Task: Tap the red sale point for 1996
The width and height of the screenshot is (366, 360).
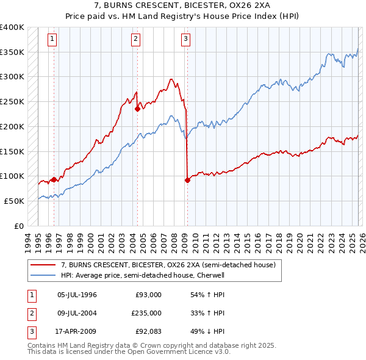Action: pyautogui.click(x=54, y=179)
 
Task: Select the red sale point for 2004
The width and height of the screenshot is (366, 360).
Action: pyautogui.click(x=137, y=109)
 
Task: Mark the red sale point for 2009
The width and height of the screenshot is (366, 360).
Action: pyautogui.click(x=187, y=180)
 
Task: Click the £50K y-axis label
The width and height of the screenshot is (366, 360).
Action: pyautogui.click(x=15, y=201)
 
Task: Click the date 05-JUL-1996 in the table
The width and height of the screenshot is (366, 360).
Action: pyautogui.click(x=77, y=295)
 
